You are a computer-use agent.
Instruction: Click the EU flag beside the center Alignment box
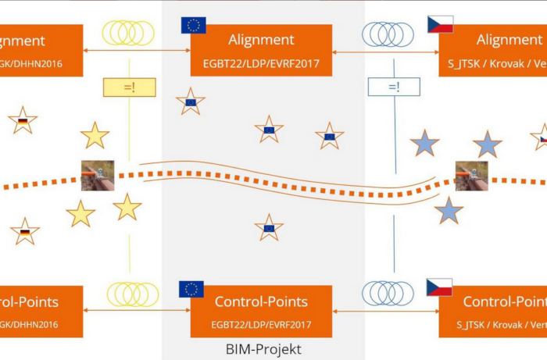193,25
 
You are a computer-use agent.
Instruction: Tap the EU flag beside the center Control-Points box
191,289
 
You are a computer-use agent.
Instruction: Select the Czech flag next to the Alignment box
440,24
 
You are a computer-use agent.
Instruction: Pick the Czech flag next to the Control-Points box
439,287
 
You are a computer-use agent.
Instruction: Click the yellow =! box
130,87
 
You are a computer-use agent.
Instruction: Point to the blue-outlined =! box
394,87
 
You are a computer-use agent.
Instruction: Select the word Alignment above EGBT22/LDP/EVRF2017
261,40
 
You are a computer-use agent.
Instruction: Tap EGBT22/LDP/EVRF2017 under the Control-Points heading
262,323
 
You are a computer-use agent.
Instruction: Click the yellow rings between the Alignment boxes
129,33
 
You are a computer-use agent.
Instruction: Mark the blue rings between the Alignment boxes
388,34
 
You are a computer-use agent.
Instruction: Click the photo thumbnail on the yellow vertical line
98,175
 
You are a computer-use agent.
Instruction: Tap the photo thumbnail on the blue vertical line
472,176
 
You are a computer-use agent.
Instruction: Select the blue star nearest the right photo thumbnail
449,210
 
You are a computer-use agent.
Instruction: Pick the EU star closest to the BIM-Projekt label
269,227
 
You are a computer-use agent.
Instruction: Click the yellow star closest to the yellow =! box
95,135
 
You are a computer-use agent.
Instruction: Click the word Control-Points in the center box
261,301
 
